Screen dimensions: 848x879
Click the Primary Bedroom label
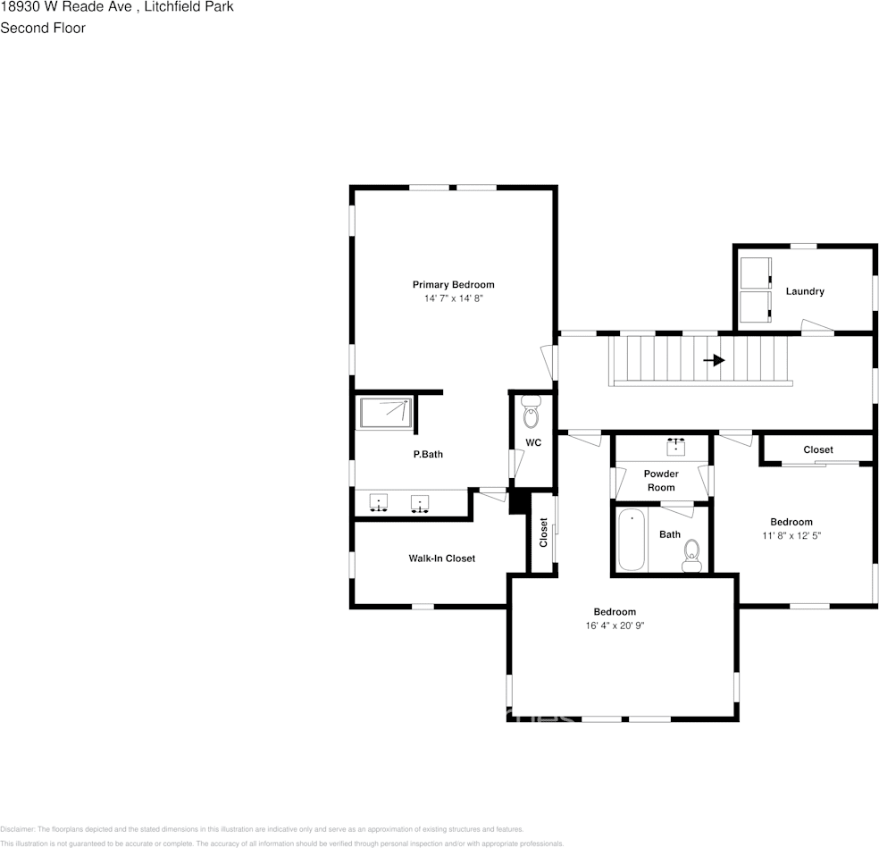pyautogui.click(x=453, y=284)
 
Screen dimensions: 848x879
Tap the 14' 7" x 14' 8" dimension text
pyautogui.click(x=453, y=298)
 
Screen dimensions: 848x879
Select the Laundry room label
pyautogui.click(x=805, y=291)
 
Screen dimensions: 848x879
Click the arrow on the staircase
pyautogui.click(x=714, y=360)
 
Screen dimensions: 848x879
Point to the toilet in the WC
pyautogui.click(x=532, y=416)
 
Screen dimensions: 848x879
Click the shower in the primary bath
pyautogui.click(x=386, y=414)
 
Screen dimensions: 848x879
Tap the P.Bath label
pyautogui.click(x=428, y=455)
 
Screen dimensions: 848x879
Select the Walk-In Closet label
pyautogui.click(x=441, y=558)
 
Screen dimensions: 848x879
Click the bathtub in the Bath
pyautogui.click(x=631, y=540)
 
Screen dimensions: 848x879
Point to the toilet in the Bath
pyautogui.click(x=691, y=555)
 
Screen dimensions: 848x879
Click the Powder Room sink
pyautogui.click(x=675, y=445)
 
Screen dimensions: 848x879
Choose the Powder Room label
pyautogui.click(x=661, y=481)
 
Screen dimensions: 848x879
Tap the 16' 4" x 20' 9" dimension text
pyautogui.click(x=615, y=626)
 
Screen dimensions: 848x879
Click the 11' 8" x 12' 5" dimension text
pyautogui.click(x=791, y=536)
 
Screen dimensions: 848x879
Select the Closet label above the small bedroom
pyautogui.click(x=817, y=449)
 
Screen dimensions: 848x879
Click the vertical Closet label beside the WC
pyautogui.click(x=543, y=533)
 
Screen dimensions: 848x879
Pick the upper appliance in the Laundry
pyautogui.click(x=756, y=272)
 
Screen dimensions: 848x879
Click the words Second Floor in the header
pyautogui.click(x=43, y=28)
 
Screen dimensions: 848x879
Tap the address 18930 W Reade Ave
pyautogui.click(x=66, y=6)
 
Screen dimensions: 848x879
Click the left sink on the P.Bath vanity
pyautogui.click(x=379, y=504)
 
